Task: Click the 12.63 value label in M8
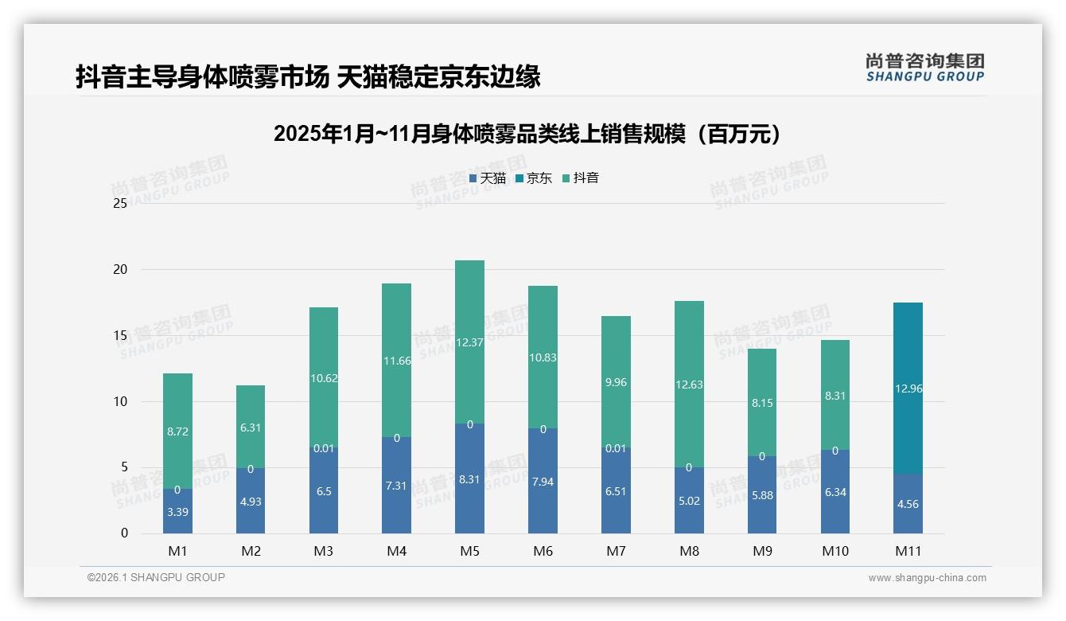689,385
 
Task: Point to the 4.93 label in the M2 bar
251,502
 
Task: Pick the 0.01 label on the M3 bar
323,448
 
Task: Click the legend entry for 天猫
488,178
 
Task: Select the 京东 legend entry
534,178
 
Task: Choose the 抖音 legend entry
581,178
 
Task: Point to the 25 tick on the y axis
120,204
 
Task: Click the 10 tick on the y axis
120,401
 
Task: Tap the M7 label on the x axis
616,551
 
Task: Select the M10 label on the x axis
835,551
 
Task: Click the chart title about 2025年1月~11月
527,134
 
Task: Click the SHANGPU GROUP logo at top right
924,68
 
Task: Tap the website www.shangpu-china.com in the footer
927,578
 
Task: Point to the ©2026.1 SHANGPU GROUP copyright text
156,577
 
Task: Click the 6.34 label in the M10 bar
835,492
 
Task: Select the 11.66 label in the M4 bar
396,361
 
